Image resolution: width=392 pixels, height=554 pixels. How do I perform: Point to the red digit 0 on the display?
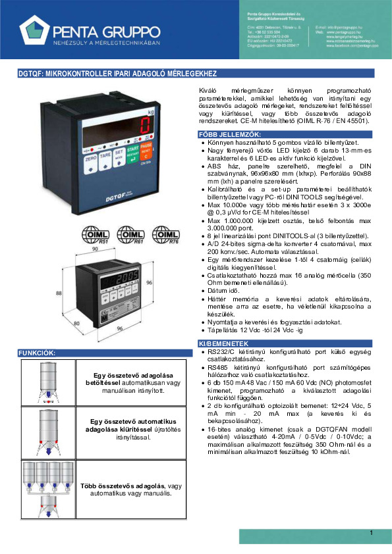(x=144, y=127)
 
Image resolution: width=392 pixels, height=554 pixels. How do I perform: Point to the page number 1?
(x=371, y=532)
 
